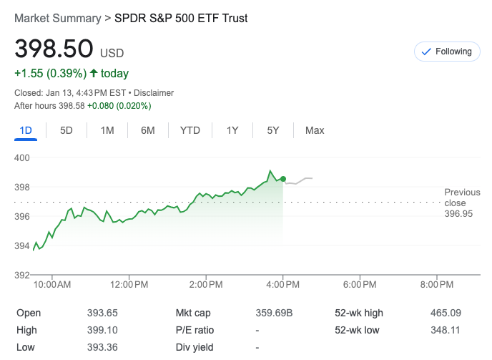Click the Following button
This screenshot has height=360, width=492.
point(447,52)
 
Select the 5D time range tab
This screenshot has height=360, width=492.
point(67,130)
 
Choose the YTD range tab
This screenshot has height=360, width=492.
point(190,130)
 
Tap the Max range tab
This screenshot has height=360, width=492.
point(315,130)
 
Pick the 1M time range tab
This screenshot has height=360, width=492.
point(107,130)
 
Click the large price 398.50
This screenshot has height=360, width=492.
point(54,49)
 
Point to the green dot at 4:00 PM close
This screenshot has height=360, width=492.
point(283,179)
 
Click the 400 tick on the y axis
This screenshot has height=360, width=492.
point(22,157)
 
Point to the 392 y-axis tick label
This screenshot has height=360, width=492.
point(22,275)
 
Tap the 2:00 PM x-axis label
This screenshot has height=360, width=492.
point(206,285)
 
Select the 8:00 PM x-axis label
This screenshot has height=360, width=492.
point(436,285)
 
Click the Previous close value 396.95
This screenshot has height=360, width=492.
point(458,213)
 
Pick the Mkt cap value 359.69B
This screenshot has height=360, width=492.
point(274,313)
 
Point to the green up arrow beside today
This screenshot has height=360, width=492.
point(94,74)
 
